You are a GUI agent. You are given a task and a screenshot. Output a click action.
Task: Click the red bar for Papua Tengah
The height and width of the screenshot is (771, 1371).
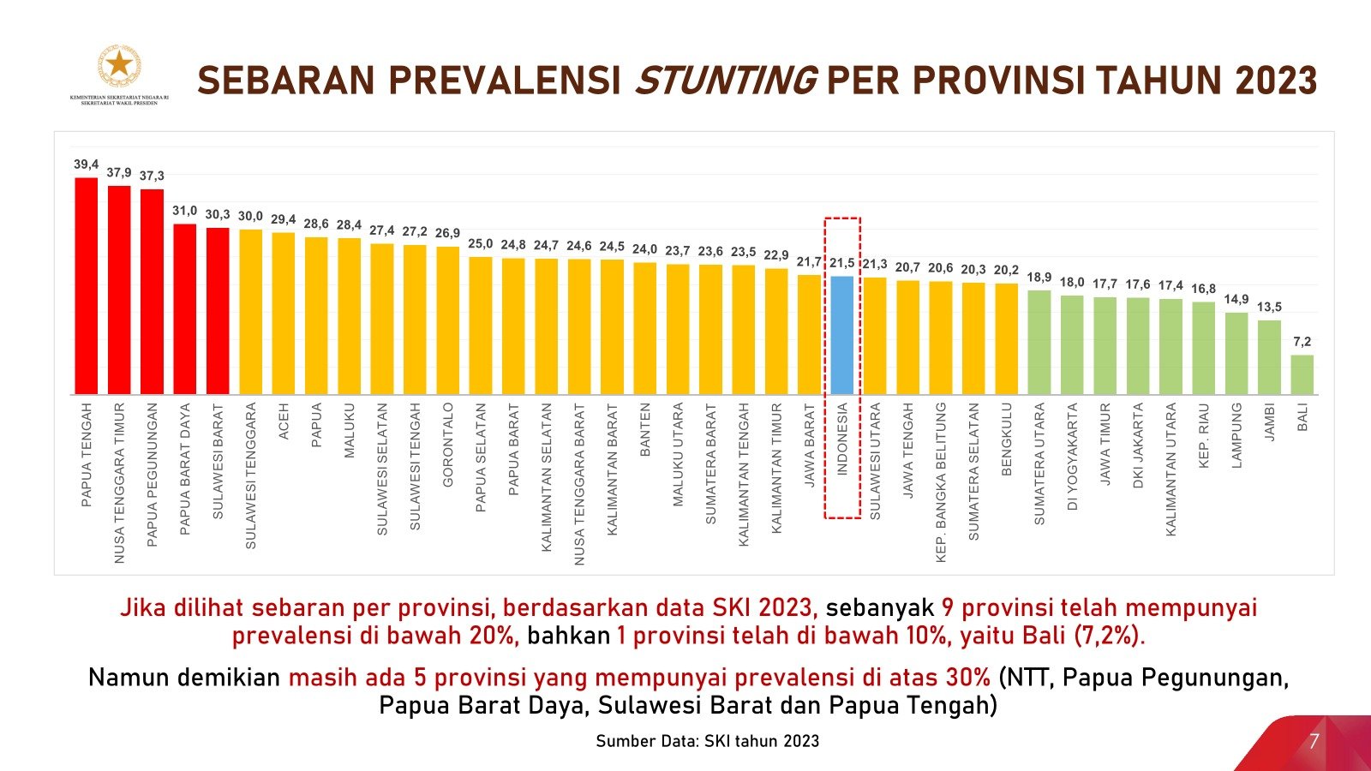point(86,287)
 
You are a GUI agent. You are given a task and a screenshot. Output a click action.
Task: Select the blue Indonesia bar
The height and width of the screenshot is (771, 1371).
point(841,336)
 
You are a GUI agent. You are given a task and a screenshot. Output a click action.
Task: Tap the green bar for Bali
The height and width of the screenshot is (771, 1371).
point(1302,375)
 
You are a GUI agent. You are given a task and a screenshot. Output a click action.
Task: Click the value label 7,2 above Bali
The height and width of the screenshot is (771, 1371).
point(1302,342)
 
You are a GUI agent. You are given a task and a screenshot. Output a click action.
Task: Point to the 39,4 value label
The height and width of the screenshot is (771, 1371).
point(86,164)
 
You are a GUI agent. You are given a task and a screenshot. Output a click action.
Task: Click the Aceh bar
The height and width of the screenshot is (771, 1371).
point(283,314)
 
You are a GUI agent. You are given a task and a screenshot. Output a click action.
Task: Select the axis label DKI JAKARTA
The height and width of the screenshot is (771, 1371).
point(1138,445)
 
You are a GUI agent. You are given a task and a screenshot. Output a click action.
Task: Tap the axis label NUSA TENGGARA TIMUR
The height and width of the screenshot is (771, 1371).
point(119,482)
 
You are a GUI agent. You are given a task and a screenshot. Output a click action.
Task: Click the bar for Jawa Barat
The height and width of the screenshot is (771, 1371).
point(809,335)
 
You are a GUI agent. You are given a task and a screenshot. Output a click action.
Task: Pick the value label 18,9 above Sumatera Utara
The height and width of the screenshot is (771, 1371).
point(1039,278)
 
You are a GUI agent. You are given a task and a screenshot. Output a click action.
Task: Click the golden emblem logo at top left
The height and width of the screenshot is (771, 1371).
point(119,65)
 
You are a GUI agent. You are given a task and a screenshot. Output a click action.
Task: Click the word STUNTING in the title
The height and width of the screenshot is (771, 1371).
point(725,81)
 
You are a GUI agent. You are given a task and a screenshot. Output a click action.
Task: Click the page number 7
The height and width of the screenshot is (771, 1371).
point(1314,741)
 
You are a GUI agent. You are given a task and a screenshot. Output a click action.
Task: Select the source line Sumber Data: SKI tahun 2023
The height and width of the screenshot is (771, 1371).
point(707,741)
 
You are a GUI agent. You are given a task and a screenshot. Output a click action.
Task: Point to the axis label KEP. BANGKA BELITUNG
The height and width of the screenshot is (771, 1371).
point(941,482)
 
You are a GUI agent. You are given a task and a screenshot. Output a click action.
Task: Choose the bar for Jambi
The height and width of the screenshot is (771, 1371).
point(1269,357)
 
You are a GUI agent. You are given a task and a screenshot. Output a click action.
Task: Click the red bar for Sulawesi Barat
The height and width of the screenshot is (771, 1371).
point(218,311)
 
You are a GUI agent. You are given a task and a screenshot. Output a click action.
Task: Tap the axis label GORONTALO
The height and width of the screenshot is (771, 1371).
point(447,445)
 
